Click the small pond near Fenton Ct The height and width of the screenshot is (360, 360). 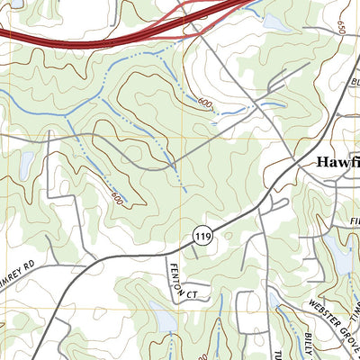pos(166,317)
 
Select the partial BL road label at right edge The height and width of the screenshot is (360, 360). pos(354,83)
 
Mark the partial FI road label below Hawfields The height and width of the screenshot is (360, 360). pos(354,219)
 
